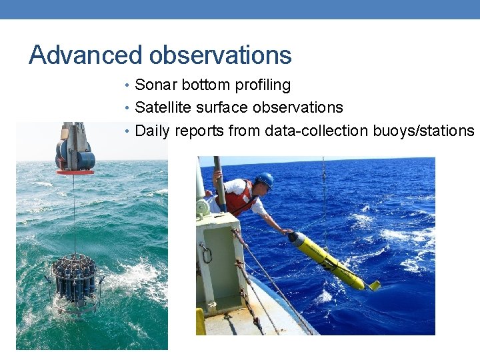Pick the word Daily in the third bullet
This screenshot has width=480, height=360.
click(152, 130)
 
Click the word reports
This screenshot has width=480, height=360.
click(199, 130)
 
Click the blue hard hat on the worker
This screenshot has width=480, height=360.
click(265, 179)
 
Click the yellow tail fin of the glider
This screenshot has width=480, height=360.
click(374, 285)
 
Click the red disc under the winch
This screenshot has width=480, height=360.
click(75, 172)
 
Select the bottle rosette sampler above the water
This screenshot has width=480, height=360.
click(74, 280)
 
